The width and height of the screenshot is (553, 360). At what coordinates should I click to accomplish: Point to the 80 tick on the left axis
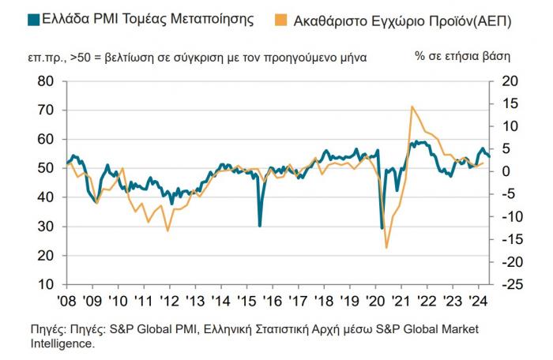click(x=45, y=81)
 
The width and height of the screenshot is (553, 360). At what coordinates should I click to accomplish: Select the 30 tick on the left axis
click(x=45, y=227)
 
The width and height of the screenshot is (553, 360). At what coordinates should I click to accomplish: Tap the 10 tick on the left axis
click(x=45, y=284)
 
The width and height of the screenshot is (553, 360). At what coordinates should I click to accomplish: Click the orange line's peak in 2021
click(x=412, y=107)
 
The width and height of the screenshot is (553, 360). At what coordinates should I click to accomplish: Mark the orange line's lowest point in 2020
click(x=386, y=248)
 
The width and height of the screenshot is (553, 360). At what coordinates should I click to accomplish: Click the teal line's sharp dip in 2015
click(x=260, y=226)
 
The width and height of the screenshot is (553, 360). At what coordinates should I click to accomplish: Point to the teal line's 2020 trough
click(x=382, y=228)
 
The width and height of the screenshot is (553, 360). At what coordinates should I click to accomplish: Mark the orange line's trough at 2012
click(x=167, y=231)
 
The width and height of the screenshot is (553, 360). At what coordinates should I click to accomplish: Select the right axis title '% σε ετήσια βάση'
click(x=462, y=57)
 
